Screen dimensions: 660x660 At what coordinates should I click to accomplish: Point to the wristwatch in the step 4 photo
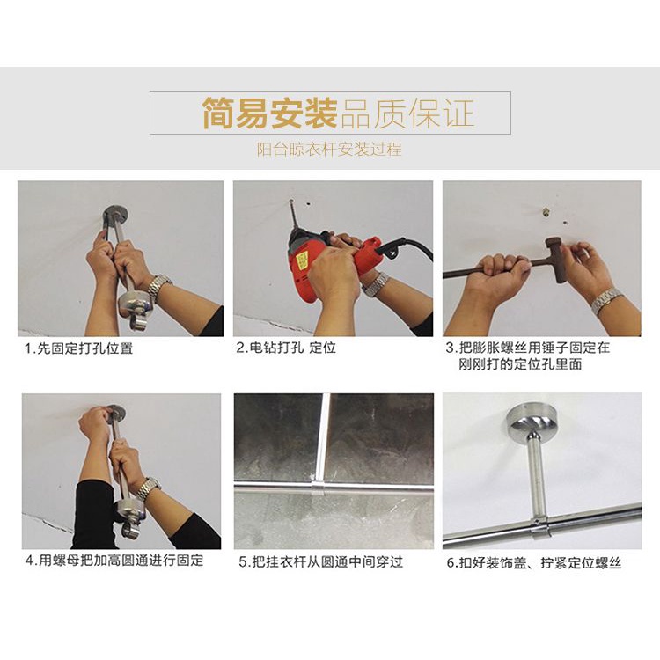tap(148, 488)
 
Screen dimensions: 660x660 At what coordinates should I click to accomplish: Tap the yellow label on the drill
tap(301, 261)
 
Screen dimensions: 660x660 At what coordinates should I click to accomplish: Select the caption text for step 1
tap(78, 348)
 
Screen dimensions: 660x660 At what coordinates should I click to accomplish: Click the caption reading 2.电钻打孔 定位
tap(286, 348)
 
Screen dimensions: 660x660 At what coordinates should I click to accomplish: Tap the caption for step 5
tap(320, 562)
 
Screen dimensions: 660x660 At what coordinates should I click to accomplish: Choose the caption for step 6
tap(534, 563)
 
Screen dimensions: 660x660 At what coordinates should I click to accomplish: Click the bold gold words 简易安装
tap(270, 113)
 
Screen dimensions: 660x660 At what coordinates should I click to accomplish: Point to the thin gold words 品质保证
tap(407, 113)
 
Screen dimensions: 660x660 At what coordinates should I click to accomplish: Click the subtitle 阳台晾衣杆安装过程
tap(330, 150)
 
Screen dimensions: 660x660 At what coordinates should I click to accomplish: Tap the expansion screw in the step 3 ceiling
tap(546, 209)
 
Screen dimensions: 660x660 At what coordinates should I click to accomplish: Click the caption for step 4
tap(114, 561)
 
